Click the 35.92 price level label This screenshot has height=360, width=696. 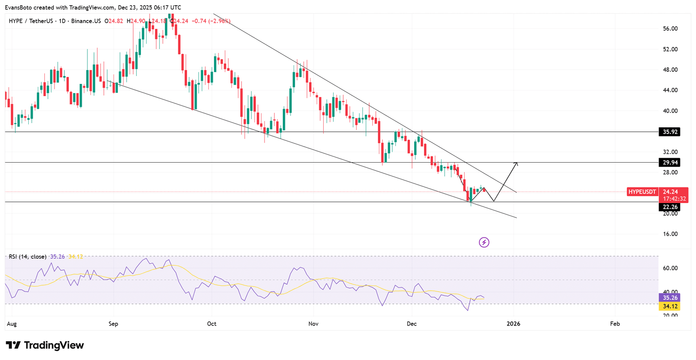pos(670,132)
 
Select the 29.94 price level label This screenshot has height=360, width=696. pos(670,163)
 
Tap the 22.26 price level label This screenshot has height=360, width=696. pos(670,207)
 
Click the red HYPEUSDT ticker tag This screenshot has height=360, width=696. pos(642,192)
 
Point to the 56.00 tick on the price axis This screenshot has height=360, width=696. pos(670,29)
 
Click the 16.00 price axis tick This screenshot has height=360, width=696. pos(670,234)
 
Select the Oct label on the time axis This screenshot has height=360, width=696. pos(212,323)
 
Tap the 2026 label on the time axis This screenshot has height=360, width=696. pos(513,323)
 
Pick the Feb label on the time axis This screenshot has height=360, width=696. pos(615,323)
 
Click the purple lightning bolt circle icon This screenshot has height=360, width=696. pos(484,242)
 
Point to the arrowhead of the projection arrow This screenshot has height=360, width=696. pos(516,163)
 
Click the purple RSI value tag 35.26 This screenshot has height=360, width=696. pos(670,298)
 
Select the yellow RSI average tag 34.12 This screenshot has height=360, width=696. pos(670,307)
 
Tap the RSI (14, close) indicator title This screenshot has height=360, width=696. pos(27,257)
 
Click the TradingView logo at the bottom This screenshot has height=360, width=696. pos(45,345)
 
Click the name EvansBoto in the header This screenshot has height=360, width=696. pos(18,7)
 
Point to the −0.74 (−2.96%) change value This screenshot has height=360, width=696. pos(211,21)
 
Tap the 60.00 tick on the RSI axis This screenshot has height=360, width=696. pos(670,268)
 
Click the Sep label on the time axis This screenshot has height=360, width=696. pos(113,323)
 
